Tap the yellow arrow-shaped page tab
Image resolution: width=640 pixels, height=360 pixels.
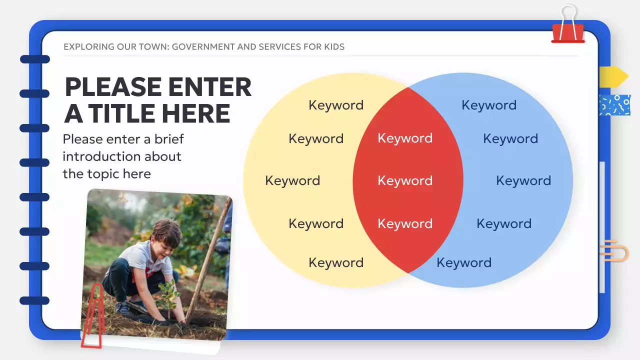[613, 76]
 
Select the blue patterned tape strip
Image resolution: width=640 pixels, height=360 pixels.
[615, 105]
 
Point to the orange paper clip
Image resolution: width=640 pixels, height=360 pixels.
[614, 251]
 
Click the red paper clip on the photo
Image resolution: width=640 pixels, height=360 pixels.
[92, 315]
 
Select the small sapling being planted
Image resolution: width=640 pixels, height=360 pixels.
[169, 297]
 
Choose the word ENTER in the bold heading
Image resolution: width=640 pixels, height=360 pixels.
[210, 87]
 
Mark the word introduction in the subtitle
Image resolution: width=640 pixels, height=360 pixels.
[122, 156]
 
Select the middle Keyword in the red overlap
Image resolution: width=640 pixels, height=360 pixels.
[405, 181]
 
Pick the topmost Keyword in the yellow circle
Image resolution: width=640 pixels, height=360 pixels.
[336, 105]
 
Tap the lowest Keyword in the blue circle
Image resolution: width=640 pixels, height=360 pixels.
[464, 263]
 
